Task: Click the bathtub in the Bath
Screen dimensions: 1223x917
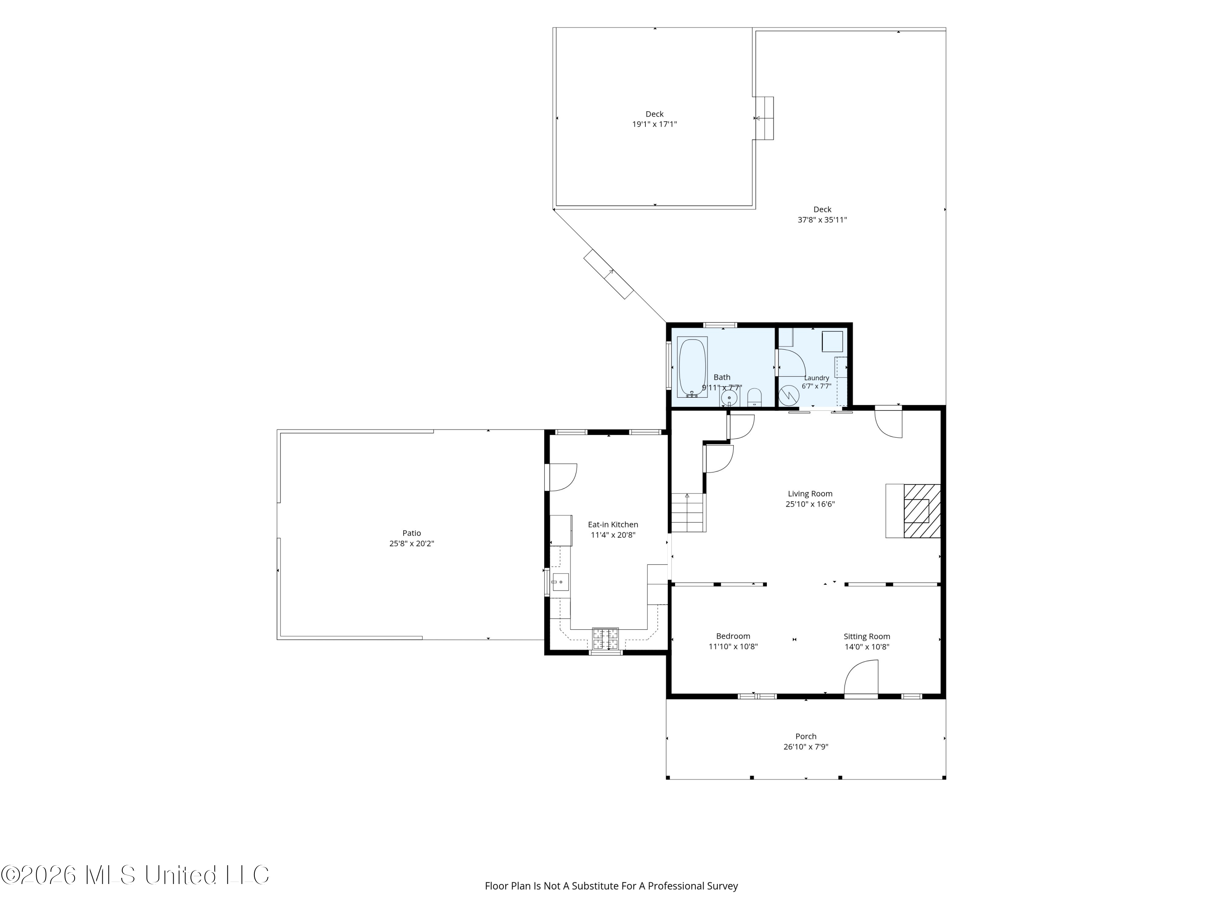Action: (x=692, y=367)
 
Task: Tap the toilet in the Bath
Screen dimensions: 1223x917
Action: (x=754, y=397)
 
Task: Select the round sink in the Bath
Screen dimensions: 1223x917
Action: (x=729, y=398)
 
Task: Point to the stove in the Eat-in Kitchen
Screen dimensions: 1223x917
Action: (x=605, y=639)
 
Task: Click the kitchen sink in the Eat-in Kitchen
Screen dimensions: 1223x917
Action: (x=560, y=582)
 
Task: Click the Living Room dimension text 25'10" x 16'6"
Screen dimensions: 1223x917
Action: (x=810, y=504)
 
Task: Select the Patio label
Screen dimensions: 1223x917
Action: (x=411, y=533)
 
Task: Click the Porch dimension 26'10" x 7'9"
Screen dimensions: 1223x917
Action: (x=806, y=747)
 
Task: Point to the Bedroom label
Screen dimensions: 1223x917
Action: (x=733, y=636)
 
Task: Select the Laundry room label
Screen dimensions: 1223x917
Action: (x=817, y=378)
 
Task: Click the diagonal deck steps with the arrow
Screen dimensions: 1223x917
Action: (x=609, y=274)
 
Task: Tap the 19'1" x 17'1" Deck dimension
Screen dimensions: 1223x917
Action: (x=655, y=124)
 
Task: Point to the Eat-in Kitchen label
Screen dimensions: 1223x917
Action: (x=613, y=525)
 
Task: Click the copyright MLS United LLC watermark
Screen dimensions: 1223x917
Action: (x=135, y=875)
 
